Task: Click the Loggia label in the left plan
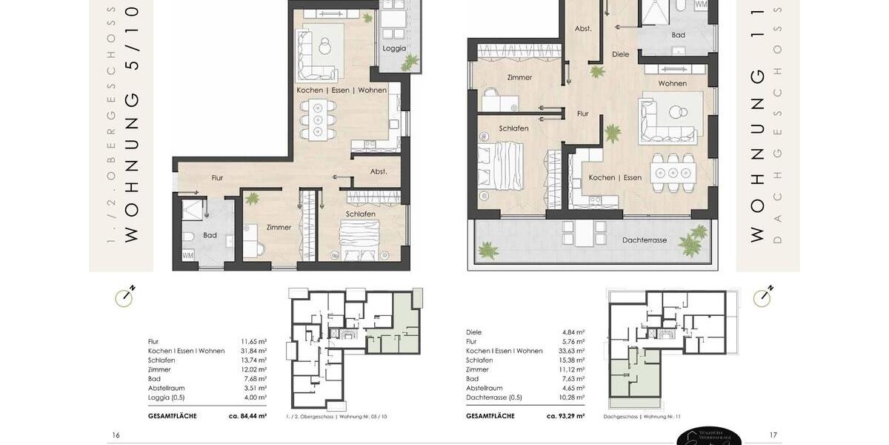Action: [394, 48]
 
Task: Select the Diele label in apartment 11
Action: [620, 54]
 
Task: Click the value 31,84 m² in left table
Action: [253, 351]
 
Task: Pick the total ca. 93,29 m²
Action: [565, 416]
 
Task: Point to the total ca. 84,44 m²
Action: [247, 416]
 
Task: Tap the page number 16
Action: [116, 435]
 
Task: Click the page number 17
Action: [773, 435]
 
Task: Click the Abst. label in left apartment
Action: [379, 171]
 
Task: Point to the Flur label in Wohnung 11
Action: [583, 113]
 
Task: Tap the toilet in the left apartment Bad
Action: [188, 237]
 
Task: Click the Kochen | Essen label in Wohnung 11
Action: [615, 177]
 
